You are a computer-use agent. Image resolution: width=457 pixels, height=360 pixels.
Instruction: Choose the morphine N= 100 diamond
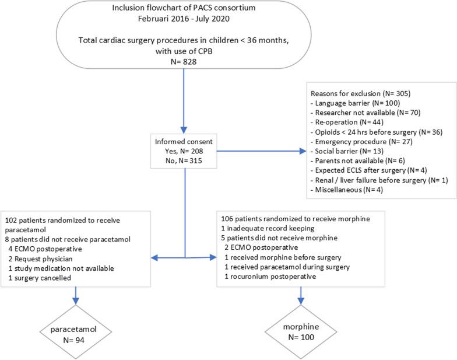click(x=301, y=331)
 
